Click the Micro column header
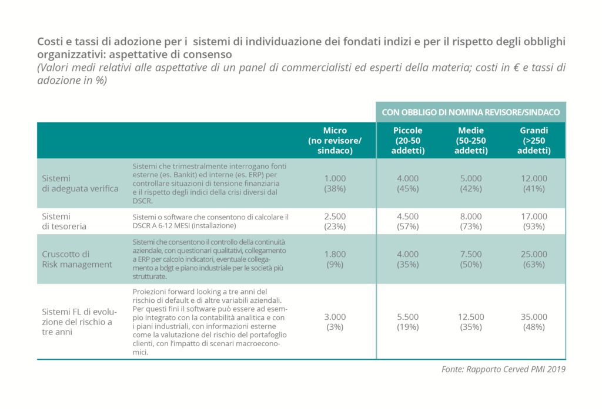click(335, 140)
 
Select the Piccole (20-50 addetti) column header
click(408, 140)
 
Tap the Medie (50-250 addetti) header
click(471, 140)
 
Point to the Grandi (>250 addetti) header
click(534, 140)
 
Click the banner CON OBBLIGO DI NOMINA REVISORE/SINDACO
click(471, 112)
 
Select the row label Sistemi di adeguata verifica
click(80, 183)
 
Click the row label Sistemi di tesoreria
click(64, 221)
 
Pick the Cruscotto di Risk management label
click(77, 259)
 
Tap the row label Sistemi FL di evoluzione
click(79, 322)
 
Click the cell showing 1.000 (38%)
click(335, 183)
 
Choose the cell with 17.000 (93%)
click(534, 221)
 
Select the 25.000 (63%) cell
click(534, 259)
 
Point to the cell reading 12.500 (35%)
click(471, 322)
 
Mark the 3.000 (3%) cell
click(335, 322)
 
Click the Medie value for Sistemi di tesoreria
click(471, 221)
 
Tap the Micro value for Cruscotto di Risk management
click(335, 259)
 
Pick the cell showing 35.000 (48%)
click(534, 322)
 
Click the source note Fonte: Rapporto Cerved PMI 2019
click(503, 369)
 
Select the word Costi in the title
click(49, 42)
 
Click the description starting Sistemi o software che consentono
click(210, 221)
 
